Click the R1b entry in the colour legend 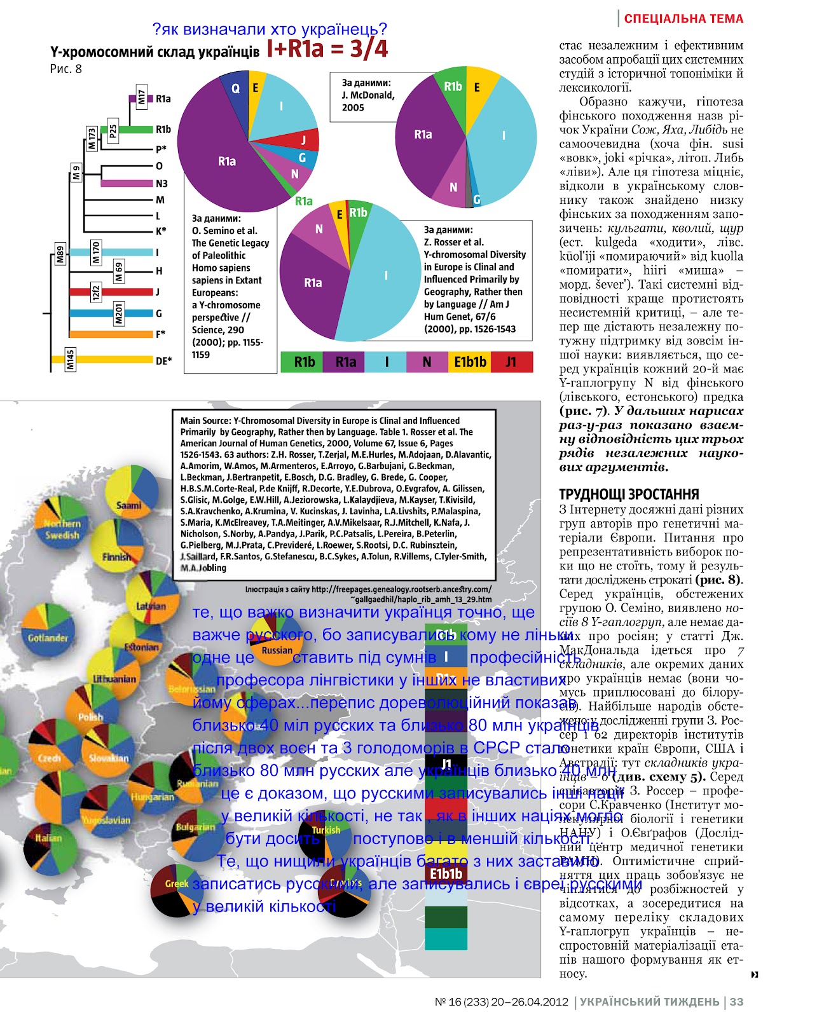click(x=304, y=362)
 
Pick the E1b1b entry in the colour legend click(x=470, y=362)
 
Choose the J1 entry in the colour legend click(x=511, y=362)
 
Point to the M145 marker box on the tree click(x=71, y=359)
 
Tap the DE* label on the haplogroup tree click(x=163, y=361)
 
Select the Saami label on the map click(x=128, y=506)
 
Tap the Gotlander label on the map click(x=48, y=638)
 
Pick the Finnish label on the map click(x=117, y=557)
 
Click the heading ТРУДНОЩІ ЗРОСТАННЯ click(x=629, y=495)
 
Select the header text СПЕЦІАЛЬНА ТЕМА click(x=683, y=19)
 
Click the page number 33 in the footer click(x=736, y=1002)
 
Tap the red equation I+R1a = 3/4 click(x=327, y=49)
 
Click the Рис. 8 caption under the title click(x=66, y=69)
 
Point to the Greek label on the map click(x=176, y=884)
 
